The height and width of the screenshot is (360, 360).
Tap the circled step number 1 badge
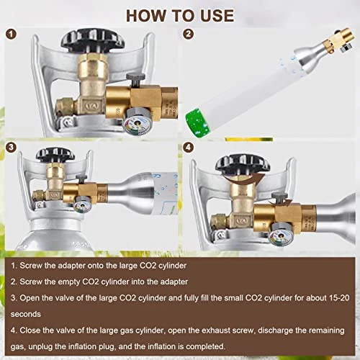(x=11, y=34)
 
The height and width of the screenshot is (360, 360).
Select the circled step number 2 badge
(x=189, y=34)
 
